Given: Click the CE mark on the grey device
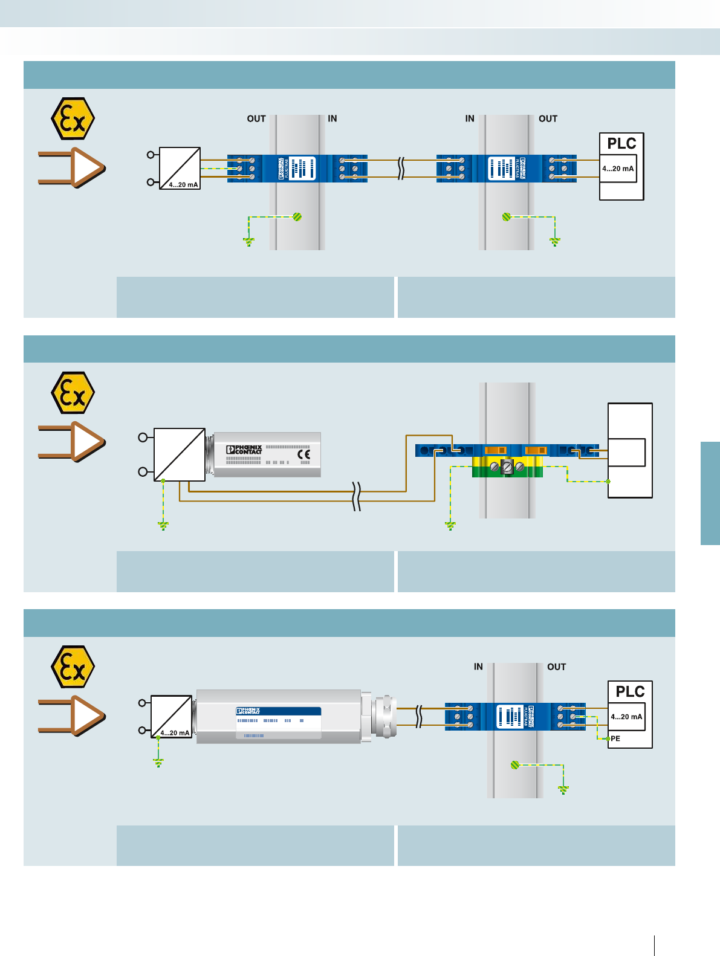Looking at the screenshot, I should pos(304,454).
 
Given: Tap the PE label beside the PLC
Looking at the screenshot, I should pos(615,738).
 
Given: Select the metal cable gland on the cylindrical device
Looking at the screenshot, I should pos(384,717).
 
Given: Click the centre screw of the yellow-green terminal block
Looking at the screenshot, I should pos(507,467).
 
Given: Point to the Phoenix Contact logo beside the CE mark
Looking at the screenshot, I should pos(244,450).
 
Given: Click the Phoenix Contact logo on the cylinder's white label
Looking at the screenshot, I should pos(248,711).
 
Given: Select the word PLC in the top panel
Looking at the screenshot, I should pos(621,144).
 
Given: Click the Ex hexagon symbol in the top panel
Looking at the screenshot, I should pos(73,119).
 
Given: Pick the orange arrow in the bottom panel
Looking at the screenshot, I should pos(73,715).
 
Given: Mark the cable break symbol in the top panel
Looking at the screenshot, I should pos(401,169).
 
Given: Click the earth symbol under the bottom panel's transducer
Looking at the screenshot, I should pos(158,763).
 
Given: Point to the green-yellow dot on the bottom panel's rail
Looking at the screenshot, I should pos(515,765).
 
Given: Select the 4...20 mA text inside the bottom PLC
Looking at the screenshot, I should pos(626,717).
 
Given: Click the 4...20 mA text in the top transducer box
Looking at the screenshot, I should pos(183,185).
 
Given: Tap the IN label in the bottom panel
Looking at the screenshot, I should pos(478,667).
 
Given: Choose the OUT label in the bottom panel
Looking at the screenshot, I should pos(556,667).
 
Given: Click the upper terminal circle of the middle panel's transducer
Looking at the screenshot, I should pos(143,437).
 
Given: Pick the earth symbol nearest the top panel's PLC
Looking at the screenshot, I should pos(555,242).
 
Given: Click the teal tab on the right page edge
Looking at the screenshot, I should pos(710,493).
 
